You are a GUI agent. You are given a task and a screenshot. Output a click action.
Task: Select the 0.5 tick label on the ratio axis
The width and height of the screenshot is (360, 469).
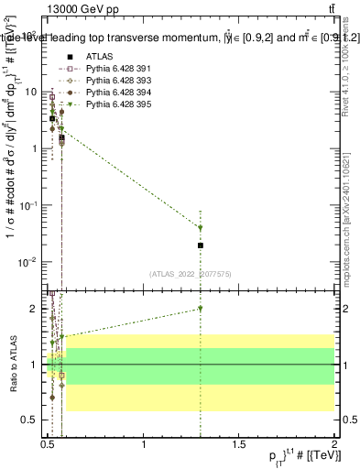click(33, 421)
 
